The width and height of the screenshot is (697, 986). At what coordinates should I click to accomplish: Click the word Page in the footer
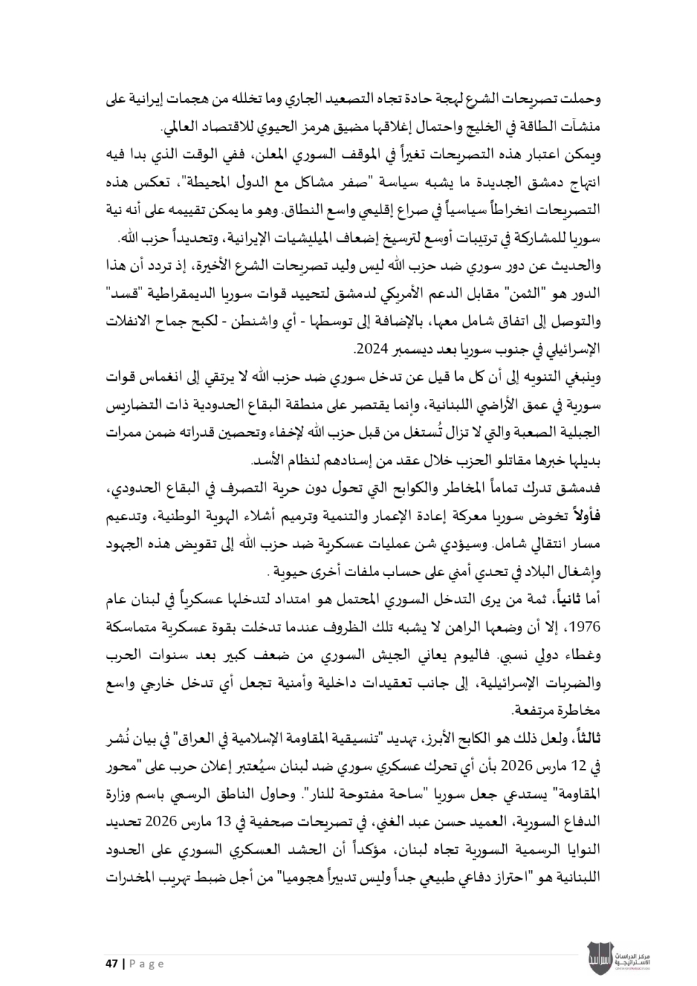[147, 963]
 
